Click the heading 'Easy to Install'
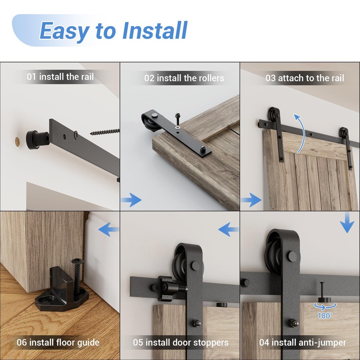(x=113, y=31)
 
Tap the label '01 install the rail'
(x=60, y=76)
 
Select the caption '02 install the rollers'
(x=184, y=78)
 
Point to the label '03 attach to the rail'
(x=304, y=78)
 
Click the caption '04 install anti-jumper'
(x=302, y=343)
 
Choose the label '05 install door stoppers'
(x=180, y=343)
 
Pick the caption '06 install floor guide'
(x=58, y=342)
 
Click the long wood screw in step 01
(x=105, y=131)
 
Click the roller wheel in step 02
(x=148, y=122)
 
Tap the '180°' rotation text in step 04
(x=324, y=316)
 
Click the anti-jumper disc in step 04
(x=324, y=300)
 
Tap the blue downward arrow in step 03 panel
(x=347, y=223)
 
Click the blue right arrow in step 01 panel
(x=131, y=199)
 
